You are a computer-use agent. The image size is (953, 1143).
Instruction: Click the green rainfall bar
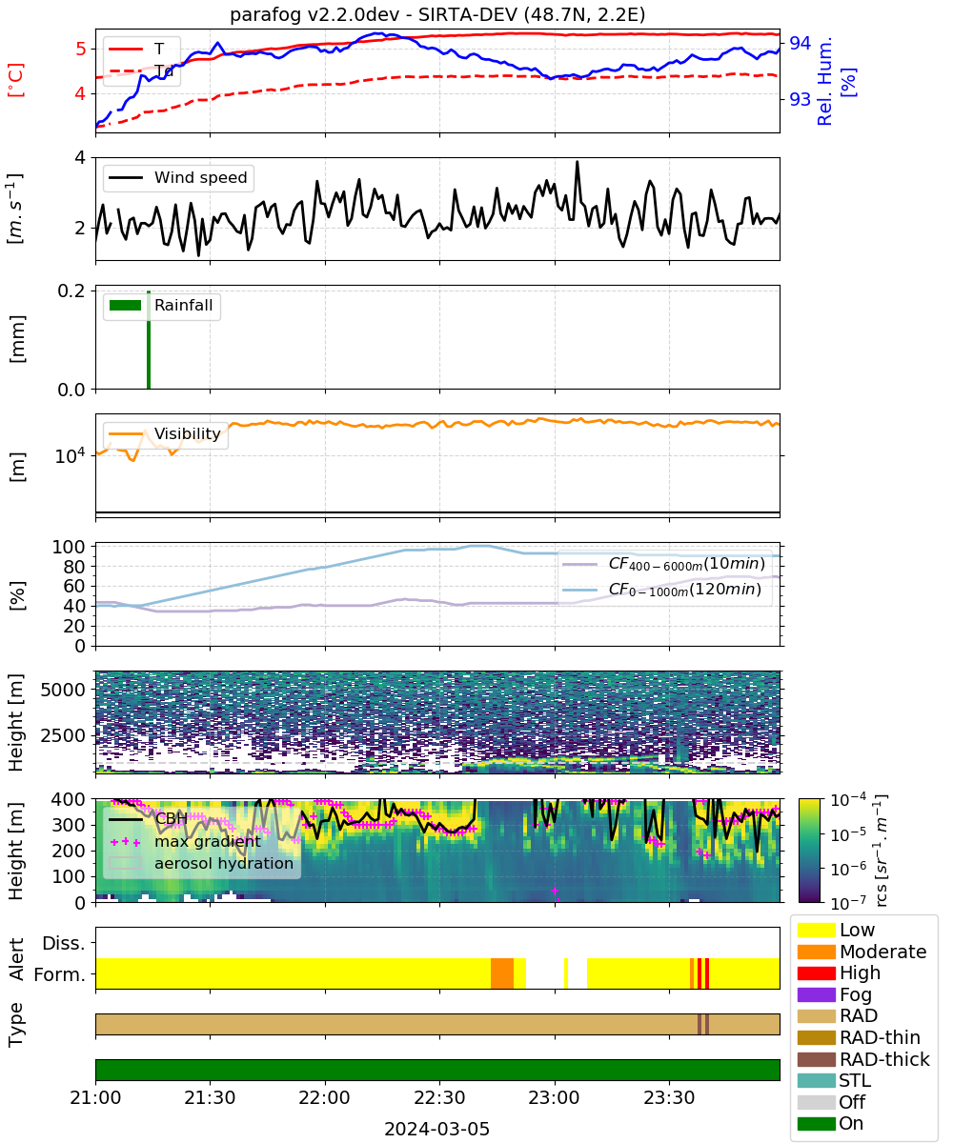pyautogui.click(x=149, y=340)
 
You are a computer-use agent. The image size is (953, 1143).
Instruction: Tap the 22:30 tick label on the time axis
pyautogui.click(x=439, y=1097)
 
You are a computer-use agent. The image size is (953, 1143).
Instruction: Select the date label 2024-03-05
pyautogui.click(x=436, y=1129)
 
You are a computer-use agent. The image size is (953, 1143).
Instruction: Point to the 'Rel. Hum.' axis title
pyautogui.click(x=825, y=81)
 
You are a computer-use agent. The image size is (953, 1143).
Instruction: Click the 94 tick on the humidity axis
pyautogui.click(x=800, y=43)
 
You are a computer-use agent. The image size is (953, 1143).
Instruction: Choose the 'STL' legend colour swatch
pyautogui.click(x=816, y=1080)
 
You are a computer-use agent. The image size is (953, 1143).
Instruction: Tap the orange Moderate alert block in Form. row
pyautogui.click(x=501, y=973)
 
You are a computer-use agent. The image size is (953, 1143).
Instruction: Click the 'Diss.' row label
pyautogui.click(x=64, y=943)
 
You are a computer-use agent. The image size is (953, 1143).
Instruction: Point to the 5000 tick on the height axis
pyautogui.click(x=63, y=690)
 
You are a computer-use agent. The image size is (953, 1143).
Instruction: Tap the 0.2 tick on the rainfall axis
pyautogui.click(x=71, y=291)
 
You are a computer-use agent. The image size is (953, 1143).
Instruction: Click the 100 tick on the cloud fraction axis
pyautogui.click(x=69, y=547)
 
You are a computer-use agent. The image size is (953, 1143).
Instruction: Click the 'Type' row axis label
pyautogui.click(x=16, y=1025)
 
